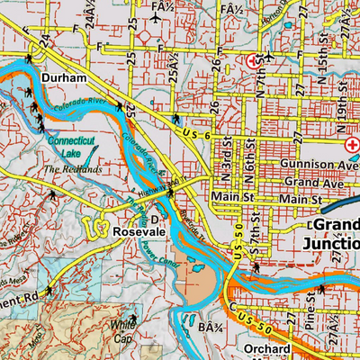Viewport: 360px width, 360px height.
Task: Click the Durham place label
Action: tap(63, 79)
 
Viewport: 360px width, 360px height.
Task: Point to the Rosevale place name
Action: tap(138, 232)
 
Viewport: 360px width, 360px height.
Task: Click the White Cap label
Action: tap(122, 332)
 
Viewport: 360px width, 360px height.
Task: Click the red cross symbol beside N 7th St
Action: tap(253, 60)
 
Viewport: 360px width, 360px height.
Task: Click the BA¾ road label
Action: tap(211, 328)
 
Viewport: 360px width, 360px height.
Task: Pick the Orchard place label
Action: tap(265, 349)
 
